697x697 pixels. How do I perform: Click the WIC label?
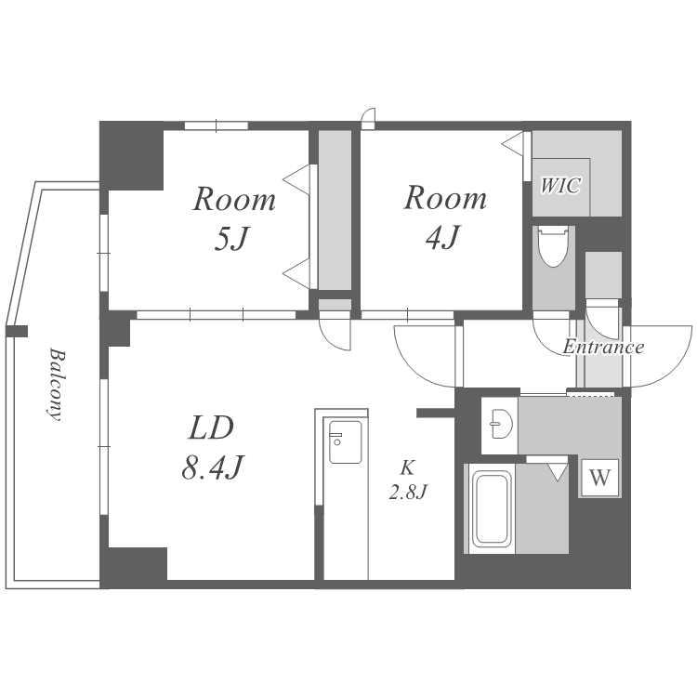(560, 185)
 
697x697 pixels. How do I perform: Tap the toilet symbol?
(553, 246)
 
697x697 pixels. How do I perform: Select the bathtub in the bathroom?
(491, 508)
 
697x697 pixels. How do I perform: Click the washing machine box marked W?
(600, 478)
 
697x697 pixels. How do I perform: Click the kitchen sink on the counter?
(345, 441)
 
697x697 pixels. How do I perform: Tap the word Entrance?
(603, 348)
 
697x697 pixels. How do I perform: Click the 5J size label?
(230, 238)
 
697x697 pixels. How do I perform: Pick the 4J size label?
(442, 237)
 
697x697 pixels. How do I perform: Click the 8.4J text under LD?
(213, 467)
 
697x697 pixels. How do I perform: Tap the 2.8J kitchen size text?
(408, 492)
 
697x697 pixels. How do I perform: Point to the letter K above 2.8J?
(407, 468)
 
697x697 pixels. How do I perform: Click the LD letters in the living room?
(211, 428)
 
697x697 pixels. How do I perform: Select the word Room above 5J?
(234, 200)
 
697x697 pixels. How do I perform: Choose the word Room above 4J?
(445, 198)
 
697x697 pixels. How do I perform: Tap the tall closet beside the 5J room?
(335, 210)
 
